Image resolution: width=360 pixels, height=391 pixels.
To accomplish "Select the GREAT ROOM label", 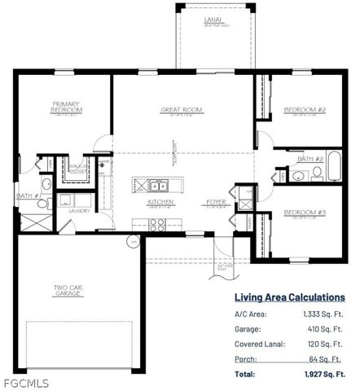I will coord(181,109).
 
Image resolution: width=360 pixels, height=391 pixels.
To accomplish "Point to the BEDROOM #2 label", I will coord(305,109).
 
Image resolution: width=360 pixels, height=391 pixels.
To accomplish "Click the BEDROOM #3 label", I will coord(305,213).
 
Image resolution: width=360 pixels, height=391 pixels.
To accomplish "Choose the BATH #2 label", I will coord(310,158).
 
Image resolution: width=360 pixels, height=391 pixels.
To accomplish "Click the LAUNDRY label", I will coord(78,211).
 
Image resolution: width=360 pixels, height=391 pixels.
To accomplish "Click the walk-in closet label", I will coord(78,169).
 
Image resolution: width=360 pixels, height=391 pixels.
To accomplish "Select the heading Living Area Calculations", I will coord(289,298).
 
